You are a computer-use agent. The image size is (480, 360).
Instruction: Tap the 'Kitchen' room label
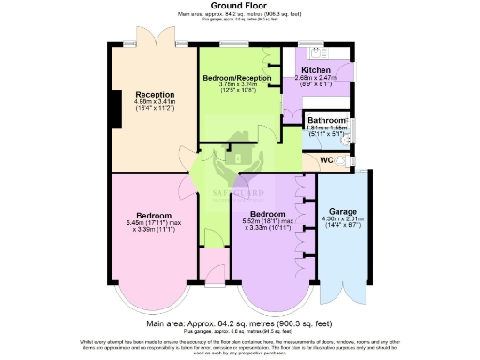[316, 70]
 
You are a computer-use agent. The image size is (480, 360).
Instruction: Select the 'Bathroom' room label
[325, 120]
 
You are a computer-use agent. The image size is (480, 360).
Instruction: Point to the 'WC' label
[327, 160]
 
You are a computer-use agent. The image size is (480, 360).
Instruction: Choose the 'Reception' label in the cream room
[154, 94]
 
